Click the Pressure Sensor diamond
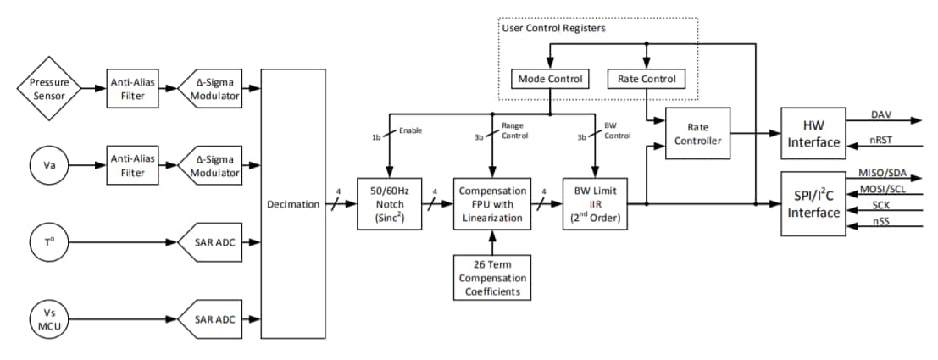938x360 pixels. click(x=49, y=89)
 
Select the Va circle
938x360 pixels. click(x=49, y=165)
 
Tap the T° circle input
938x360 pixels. click(x=49, y=243)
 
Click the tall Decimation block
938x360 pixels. click(x=292, y=204)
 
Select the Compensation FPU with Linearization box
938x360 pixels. click(x=491, y=204)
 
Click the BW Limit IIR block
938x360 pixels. click(x=595, y=204)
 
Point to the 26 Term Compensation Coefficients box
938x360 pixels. click(x=491, y=277)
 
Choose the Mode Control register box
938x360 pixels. click(x=550, y=79)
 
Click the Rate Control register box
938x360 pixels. click(x=647, y=79)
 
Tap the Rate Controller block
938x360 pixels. click(x=697, y=133)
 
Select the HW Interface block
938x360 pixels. click(x=813, y=133)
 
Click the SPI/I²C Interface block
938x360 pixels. click(x=813, y=203)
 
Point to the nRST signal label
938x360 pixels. click(x=880, y=139)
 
